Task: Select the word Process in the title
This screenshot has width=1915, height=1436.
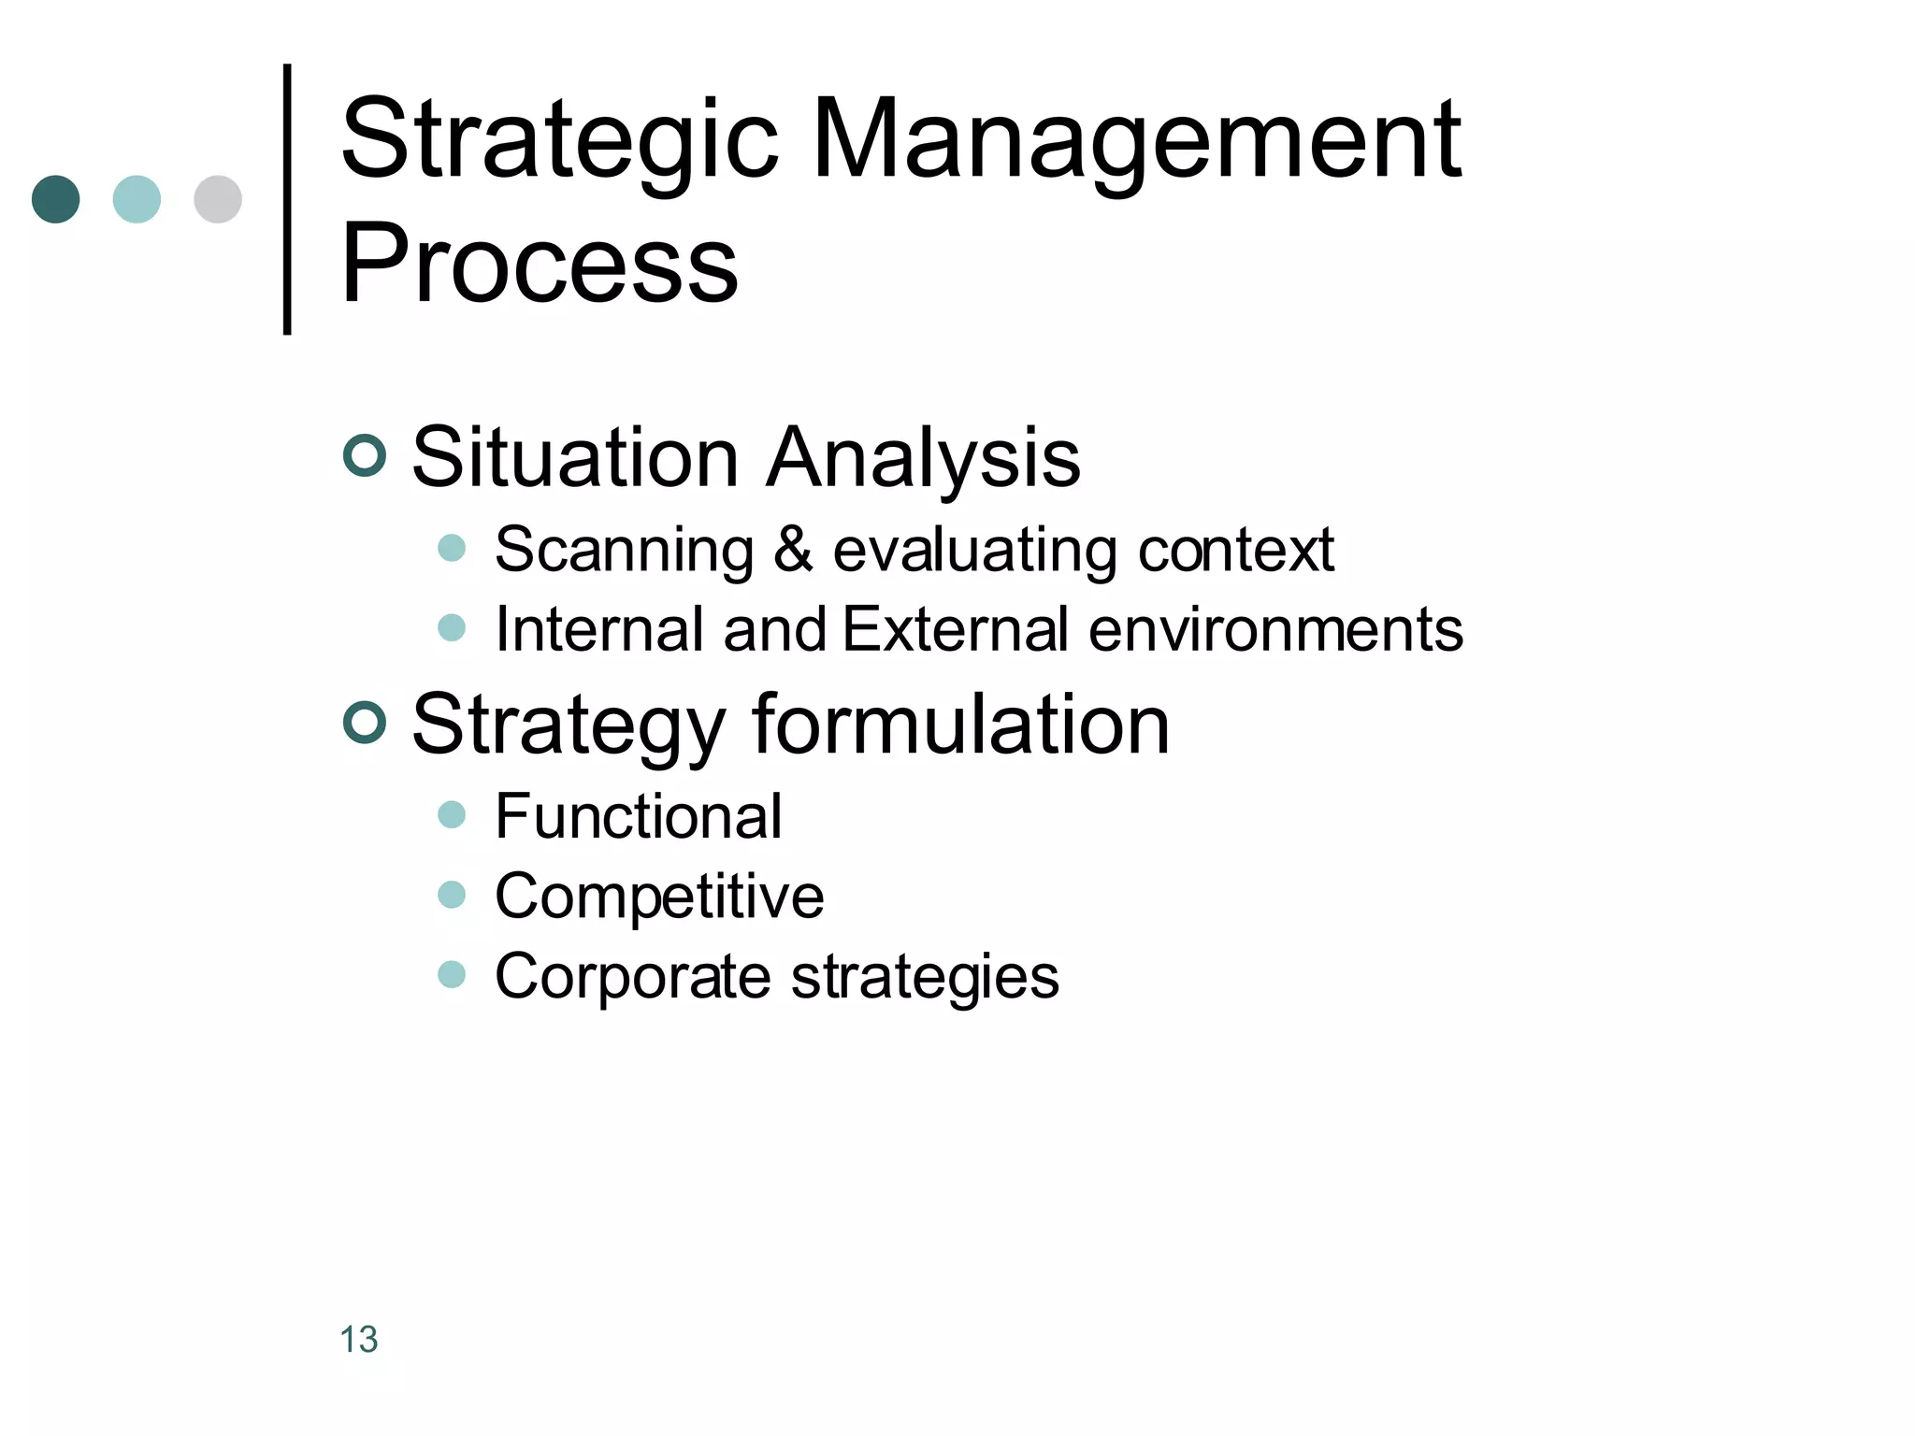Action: click(540, 264)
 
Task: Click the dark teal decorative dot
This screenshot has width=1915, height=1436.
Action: click(56, 199)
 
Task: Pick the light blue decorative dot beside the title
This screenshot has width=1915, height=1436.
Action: click(137, 199)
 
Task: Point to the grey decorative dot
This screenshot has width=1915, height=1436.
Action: click(218, 199)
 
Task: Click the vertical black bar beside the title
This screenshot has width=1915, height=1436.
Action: click(287, 199)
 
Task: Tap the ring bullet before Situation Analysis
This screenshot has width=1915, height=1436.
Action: click(365, 456)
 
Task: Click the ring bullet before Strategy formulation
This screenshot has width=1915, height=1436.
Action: click(365, 723)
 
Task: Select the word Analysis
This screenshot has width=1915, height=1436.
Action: click(923, 458)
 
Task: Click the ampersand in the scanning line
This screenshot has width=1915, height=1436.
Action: click(793, 549)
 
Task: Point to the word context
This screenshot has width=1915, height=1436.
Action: click(1235, 549)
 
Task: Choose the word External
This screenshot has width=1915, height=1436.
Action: click(955, 628)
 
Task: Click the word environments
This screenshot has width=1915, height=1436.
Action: click(1275, 628)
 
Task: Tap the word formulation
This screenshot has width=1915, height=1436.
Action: click(960, 725)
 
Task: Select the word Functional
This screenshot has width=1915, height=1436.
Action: click(638, 816)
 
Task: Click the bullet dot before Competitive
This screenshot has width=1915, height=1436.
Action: click(452, 895)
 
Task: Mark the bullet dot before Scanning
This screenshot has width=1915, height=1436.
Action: click(452, 548)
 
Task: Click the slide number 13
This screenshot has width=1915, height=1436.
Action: click(359, 1339)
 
